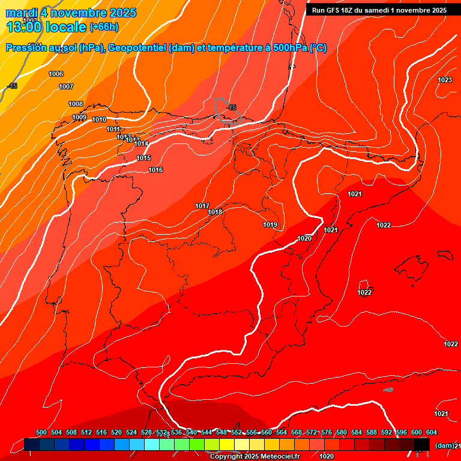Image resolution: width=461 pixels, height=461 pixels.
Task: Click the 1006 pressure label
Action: (x=56, y=74)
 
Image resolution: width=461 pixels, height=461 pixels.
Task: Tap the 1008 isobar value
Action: (x=76, y=104)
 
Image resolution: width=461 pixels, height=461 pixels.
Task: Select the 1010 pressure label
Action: (x=99, y=119)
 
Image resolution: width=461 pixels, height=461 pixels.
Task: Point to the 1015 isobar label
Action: (x=143, y=158)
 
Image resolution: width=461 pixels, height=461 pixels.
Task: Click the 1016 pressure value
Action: (x=155, y=170)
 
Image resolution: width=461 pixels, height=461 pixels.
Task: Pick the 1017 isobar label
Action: (x=202, y=206)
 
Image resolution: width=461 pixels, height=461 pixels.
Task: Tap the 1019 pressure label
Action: (x=270, y=224)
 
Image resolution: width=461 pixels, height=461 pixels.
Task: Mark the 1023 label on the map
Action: (x=445, y=80)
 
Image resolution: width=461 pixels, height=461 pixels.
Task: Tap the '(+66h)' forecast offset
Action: (x=104, y=27)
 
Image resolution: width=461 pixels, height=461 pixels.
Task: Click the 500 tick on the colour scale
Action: (x=41, y=432)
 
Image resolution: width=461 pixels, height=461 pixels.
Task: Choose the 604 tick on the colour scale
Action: (x=432, y=432)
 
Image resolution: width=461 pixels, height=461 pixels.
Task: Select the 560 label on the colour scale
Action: (x=267, y=432)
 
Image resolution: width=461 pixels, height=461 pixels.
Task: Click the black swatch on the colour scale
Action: (x=422, y=444)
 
